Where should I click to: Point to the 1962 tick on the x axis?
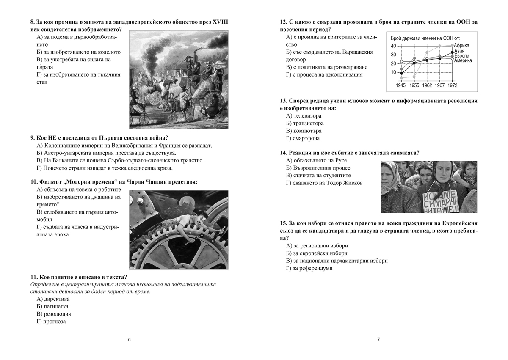(x=427, y=85)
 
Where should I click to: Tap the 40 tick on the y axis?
(x=393, y=46)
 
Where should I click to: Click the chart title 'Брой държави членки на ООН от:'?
(x=425, y=38)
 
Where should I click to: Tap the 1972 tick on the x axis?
(x=453, y=85)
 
